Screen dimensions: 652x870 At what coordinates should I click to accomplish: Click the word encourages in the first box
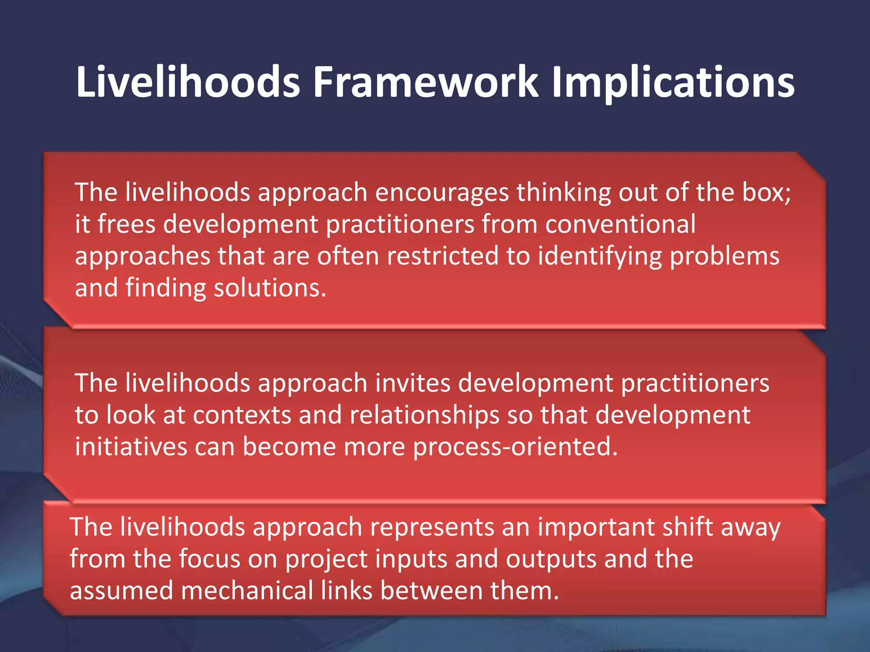pos(442,193)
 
